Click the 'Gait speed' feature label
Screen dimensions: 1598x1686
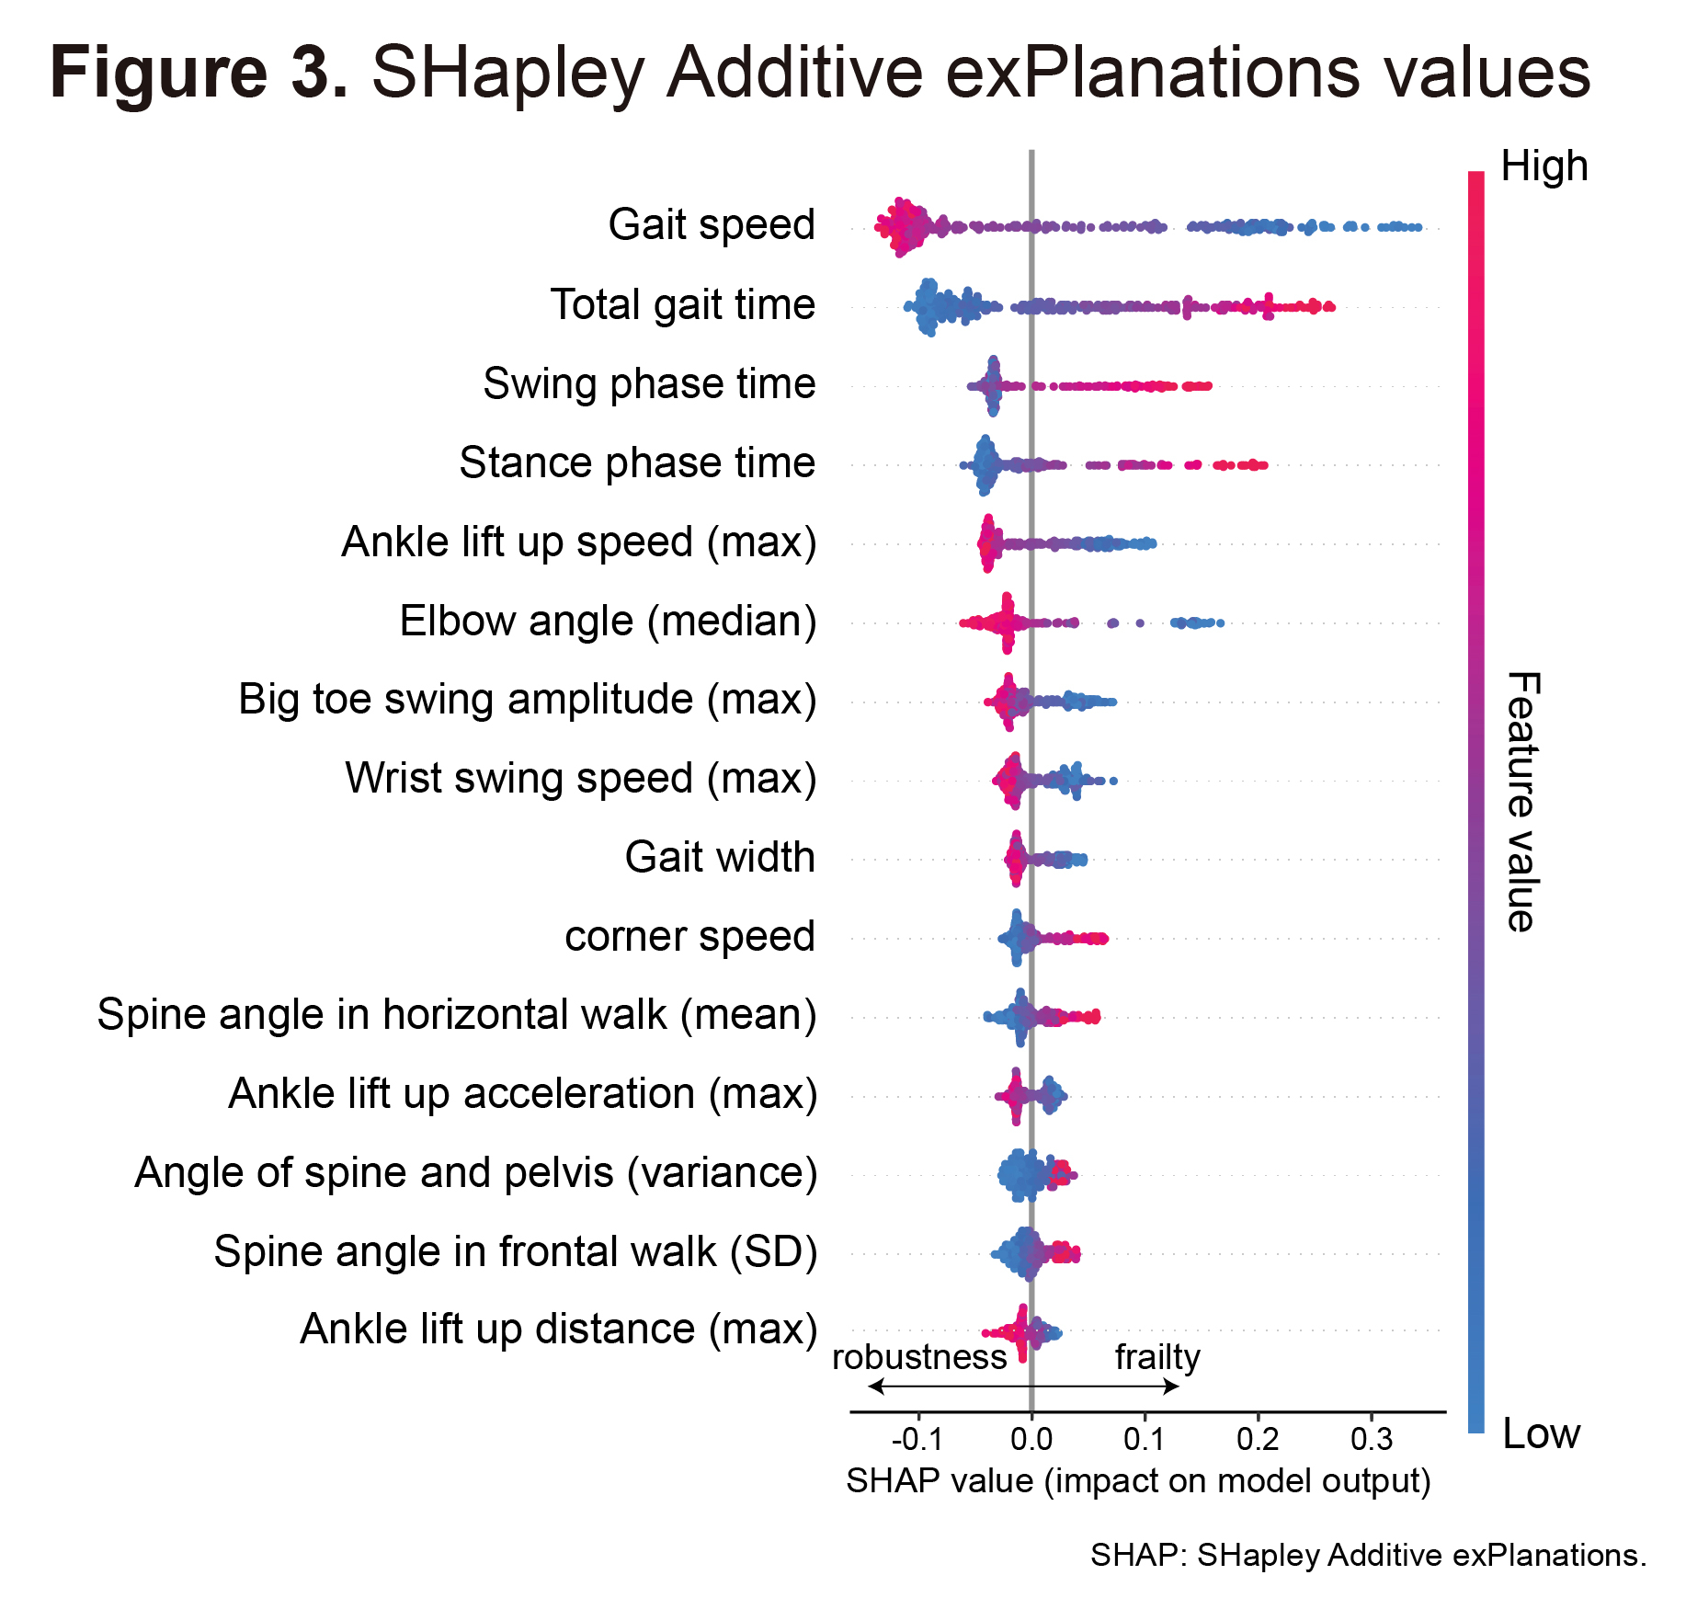712,225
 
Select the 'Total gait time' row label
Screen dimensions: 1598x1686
682,304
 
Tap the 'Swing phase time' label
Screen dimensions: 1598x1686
649,383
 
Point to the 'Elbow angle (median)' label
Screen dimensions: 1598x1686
608,621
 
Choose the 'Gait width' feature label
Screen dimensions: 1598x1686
720,857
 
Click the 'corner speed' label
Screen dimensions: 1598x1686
689,936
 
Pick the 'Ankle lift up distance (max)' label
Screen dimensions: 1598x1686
558,1330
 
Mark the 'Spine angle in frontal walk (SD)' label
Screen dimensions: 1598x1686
515,1251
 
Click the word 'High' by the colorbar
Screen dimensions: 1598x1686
1544,166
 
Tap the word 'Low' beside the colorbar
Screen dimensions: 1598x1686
1541,1433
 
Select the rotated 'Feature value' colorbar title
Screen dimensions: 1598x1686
1522,802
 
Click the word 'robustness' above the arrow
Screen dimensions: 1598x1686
919,1357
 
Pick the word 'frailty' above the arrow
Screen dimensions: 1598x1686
1157,1358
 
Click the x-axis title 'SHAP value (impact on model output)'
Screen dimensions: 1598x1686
1138,1481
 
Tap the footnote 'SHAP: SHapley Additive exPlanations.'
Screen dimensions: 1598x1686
1368,1555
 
